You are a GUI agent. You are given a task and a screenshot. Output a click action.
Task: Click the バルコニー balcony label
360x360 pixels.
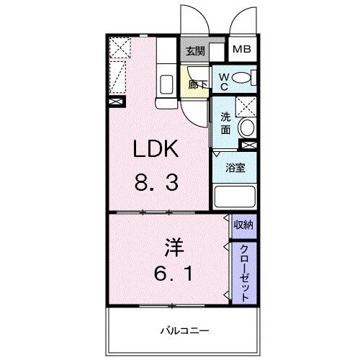pos(184,330)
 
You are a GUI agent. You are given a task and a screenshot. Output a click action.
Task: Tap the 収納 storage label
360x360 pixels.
pos(243,225)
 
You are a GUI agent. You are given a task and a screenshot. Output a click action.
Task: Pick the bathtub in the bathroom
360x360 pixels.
pos(235,197)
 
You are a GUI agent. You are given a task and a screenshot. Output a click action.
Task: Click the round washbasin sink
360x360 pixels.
pos(246,128)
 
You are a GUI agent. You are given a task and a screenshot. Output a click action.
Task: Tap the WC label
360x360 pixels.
pos(224,81)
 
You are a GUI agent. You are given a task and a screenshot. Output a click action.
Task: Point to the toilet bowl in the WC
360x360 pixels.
pos(243,77)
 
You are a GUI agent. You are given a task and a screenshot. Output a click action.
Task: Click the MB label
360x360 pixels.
pos(240,51)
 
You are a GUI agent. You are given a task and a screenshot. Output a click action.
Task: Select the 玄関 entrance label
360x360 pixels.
pos(194,52)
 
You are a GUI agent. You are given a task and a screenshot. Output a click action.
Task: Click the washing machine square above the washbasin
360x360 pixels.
pos(246,106)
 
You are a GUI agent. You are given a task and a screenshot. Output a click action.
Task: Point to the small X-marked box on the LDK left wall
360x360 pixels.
pos(115,102)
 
